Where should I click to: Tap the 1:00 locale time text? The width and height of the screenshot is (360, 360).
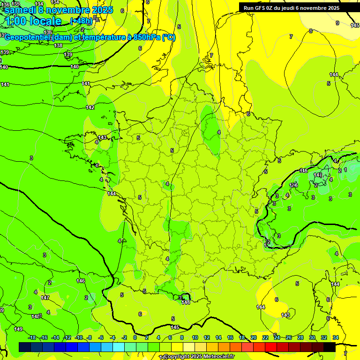[x=33, y=21]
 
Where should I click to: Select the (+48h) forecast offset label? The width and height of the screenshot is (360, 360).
[x=81, y=21]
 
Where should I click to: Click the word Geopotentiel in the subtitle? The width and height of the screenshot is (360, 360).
[x=28, y=37]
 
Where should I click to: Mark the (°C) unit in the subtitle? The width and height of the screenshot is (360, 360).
[x=169, y=37]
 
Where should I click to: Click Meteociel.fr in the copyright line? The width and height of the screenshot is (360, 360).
[x=216, y=357]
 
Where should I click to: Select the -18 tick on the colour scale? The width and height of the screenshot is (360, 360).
[x=32, y=337]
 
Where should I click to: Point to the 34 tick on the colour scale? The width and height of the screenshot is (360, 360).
[x=336, y=337]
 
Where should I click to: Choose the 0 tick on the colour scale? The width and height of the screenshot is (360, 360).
[x=135, y=337]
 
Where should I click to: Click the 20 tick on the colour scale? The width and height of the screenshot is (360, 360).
[x=253, y=337]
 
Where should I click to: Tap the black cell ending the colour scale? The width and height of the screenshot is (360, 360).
[x=329, y=347]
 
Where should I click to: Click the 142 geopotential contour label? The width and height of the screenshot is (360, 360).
[x=90, y=108]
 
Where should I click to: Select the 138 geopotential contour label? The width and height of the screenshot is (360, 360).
[x=58, y=45]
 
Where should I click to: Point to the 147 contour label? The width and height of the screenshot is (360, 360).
[x=45, y=298]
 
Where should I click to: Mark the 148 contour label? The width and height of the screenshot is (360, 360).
[x=36, y=316]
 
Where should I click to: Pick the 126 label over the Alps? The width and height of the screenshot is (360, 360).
[x=294, y=185]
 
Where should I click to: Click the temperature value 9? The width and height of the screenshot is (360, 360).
[x=337, y=23]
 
